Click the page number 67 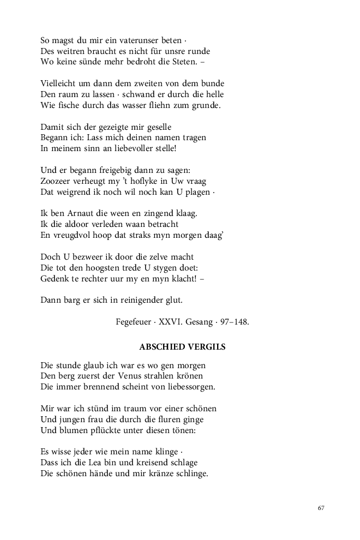(x=321, y=508)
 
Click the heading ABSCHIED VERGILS (x=182, y=347)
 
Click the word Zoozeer (x=58, y=181)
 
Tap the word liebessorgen (x=187, y=387)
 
